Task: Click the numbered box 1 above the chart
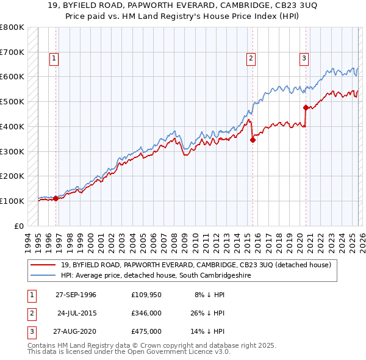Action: (54, 59)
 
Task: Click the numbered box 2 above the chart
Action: (251, 59)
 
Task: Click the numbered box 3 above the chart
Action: (304, 59)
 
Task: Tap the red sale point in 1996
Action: (56, 198)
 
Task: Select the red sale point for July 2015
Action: (253, 140)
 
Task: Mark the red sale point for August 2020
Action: (306, 107)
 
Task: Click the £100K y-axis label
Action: (12, 201)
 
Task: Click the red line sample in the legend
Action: (43, 265)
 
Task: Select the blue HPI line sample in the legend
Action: (43, 276)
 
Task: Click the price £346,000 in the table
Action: (146, 313)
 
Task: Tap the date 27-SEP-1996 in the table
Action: (76, 295)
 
